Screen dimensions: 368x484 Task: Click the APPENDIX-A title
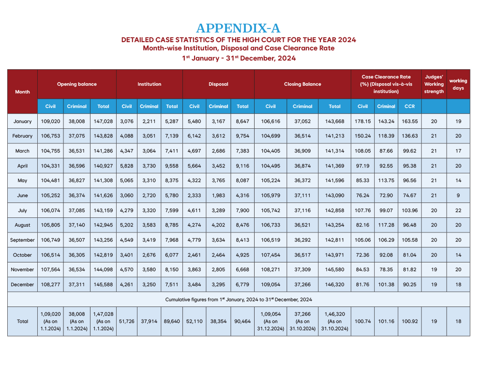(238, 28)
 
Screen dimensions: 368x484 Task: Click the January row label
(22, 121)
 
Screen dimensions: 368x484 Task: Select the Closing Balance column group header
(302, 84)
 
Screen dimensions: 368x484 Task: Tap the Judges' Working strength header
(434, 84)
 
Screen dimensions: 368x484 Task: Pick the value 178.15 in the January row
(363, 121)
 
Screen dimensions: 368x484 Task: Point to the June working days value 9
(458, 196)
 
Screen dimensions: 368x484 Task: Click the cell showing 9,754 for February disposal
(242, 136)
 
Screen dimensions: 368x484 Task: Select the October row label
(22, 255)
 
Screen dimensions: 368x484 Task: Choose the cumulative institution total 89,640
(172, 321)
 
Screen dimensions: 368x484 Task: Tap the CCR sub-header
(409, 107)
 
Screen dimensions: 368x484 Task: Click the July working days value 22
(458, 210)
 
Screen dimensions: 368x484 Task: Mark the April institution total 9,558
(172, 166)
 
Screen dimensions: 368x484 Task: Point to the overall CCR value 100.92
(409, 321)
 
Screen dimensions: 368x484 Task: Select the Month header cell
(22, 92)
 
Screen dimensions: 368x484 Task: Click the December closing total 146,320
(334, 285)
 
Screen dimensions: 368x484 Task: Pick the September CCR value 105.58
(409, 240)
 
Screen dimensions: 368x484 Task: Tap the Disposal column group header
(218, 84)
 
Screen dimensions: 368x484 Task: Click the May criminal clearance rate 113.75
(386, 181)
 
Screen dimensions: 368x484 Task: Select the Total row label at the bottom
(22, 321)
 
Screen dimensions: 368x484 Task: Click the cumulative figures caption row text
(238, 300)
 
